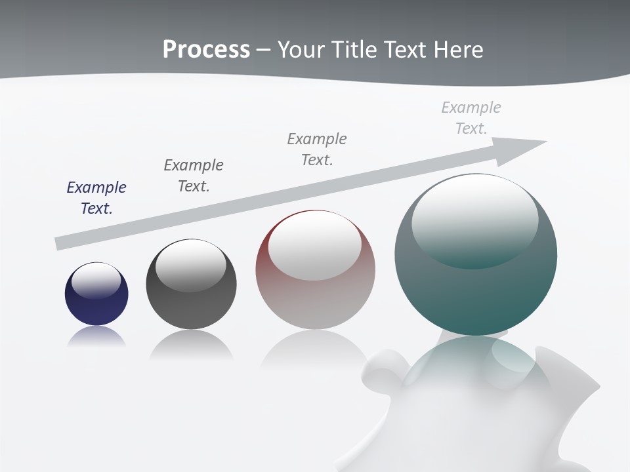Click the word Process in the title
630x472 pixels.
206,49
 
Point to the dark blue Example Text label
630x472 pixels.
96,197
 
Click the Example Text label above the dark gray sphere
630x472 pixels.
194,175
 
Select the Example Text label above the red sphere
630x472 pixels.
317,149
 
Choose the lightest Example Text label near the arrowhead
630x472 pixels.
471,117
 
